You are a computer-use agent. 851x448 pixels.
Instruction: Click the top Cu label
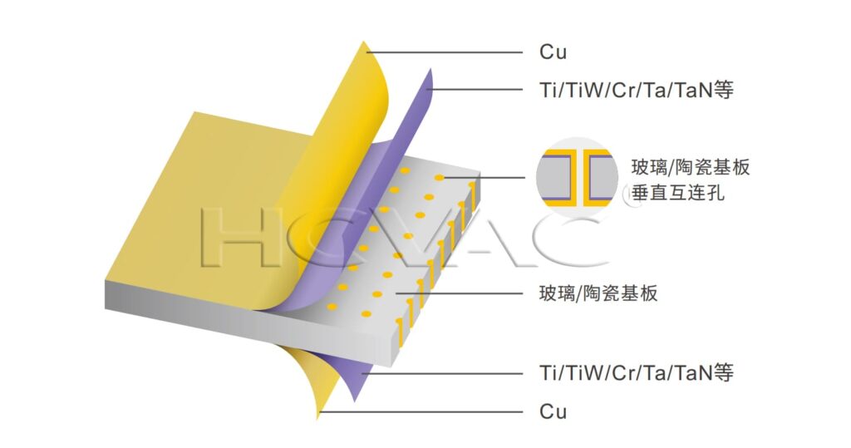553,52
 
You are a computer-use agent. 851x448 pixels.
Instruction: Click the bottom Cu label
553,411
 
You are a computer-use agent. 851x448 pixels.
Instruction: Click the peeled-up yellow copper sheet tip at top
366,46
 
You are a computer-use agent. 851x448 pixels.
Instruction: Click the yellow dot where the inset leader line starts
439,178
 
